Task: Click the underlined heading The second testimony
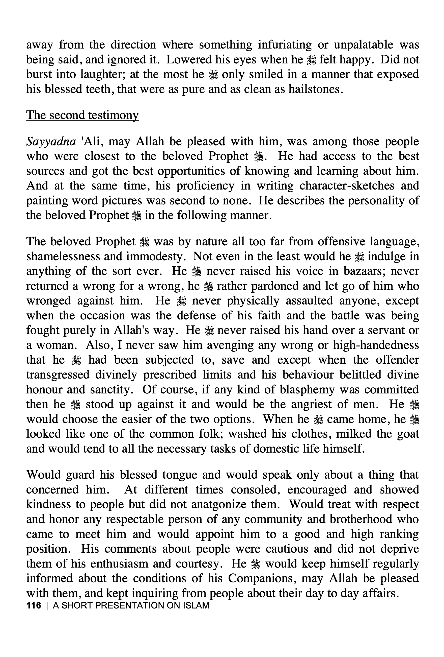tap(82, 115)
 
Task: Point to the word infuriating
tap(285, 45)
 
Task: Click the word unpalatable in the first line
tap(364, 45)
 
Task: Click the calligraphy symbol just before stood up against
tap(76, 405)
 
